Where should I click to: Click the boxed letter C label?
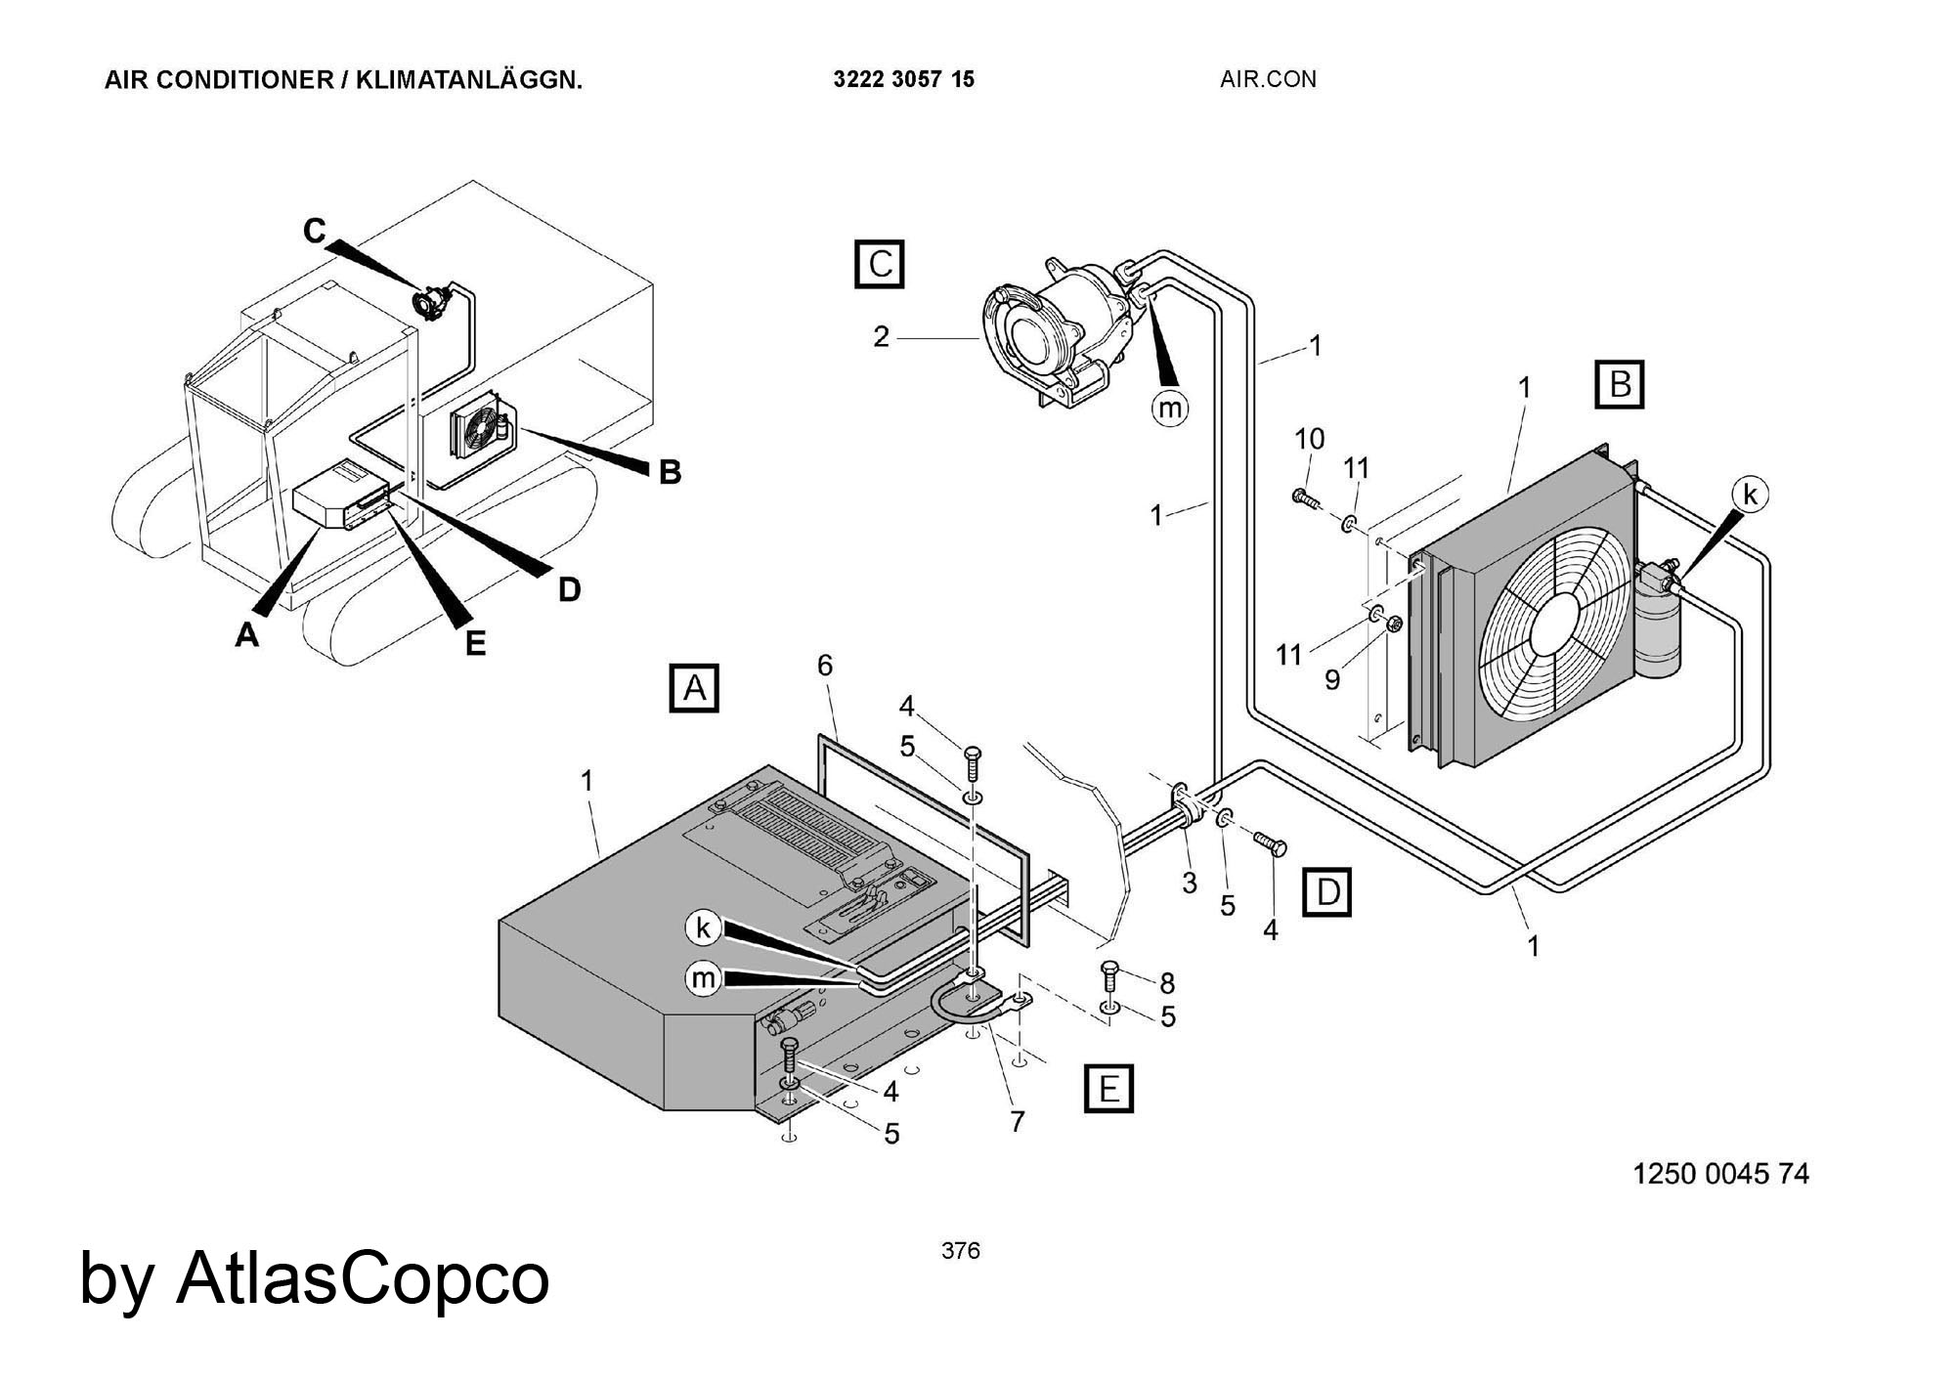coord(880,264)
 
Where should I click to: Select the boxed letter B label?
coord(1620,384)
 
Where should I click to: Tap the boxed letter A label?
coord(694,688)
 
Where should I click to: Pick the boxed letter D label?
coord(1327,891)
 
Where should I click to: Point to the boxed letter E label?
coord(1109,1089)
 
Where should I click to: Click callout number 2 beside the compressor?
coord(881,337)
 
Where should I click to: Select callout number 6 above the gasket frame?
coord(825,666)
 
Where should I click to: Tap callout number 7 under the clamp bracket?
coord(1018,1123)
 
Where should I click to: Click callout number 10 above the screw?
coord(1310,439)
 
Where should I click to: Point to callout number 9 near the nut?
coord(1331,679)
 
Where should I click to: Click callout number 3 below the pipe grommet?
coord(1189,883)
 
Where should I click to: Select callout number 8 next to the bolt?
coord(1166,983)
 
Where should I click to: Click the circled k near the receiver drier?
coord(1750,496)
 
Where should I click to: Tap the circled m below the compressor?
coord(1170,407)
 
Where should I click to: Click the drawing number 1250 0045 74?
coord(1720,1174)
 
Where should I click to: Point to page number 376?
coord(960,1251)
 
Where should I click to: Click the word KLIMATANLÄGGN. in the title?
coord(468,80)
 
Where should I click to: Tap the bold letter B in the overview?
coord(670,472)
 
